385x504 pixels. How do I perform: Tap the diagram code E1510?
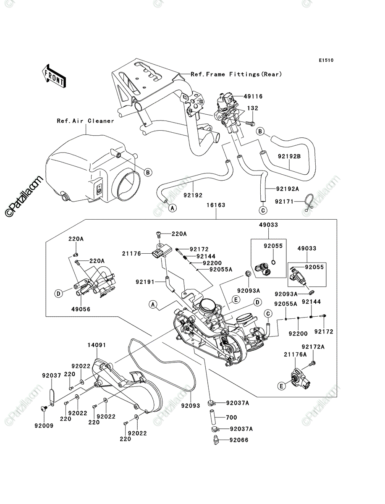[x=326, y=60]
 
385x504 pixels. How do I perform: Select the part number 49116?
[x=253, y=96]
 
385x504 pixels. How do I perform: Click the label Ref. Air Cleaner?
[x=85, y=121]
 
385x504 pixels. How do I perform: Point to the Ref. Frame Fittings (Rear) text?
[x=236, y=74]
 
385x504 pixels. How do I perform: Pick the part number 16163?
[x=216, y=205]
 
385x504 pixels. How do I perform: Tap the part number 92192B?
[x=289, y=156]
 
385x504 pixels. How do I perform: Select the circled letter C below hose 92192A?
[x=263, y=210]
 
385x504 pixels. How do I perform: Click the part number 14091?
[x=97, y=345]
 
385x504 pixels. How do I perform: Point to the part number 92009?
[x=44, y=425]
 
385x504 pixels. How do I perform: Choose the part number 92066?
[x=239, y=440]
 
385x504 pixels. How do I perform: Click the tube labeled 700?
[x=212, y=417]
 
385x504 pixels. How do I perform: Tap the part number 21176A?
[x=295, y=354]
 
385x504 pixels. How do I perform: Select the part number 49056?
[x=81, y=309]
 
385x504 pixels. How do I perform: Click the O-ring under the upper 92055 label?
[x=273, y=262]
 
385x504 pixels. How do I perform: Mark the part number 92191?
[x=145, y=281]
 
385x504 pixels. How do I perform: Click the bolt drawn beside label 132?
[x=250, y=123]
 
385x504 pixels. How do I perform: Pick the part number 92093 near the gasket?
[x=191, y=405]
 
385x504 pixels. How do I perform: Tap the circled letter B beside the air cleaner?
[x=148, y=172]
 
